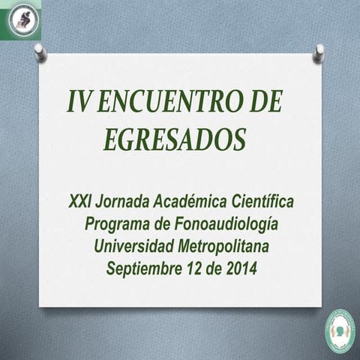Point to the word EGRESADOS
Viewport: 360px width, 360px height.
[175, 139]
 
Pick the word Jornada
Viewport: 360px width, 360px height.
[123, 202]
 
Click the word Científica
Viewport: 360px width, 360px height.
[260, 202]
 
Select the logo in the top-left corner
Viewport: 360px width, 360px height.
[20, 20]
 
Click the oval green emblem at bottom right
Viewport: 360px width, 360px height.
[339, 331]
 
